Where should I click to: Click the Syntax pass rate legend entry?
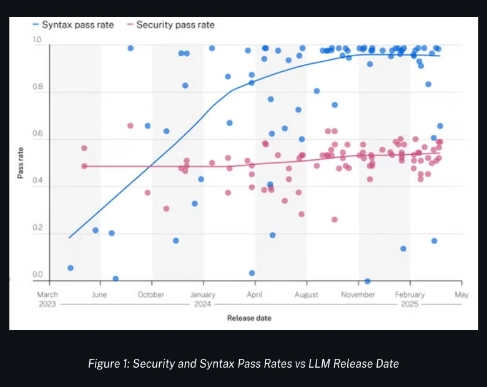pyautogui.click(x=73, y=25)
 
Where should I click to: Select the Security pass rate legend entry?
pyautogui.click(x=171, y=25)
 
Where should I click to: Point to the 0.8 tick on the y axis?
pyautogui.click(x=37, y=86)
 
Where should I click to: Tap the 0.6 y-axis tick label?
pyautogui.click(x=37, y=134)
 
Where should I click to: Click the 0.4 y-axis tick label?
pyautogui.click(x=37, y=180)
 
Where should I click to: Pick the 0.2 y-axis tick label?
pyautogui.click(x=37, y=227)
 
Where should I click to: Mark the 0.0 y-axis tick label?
pyautogui.click(x=37, y=274)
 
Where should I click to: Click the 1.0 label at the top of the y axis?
pyautogui.click(x=37, y=39)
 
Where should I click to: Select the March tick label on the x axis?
pyautogui.click(x=47, y=295)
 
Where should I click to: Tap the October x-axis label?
pyautogui.click(x=151, y=295)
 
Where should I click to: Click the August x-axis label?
pyautogui.click(x=306, y=295)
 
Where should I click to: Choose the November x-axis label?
pyautogui.click(x=358, y=295)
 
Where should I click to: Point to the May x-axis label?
pyautogui.click(x=461, y=295)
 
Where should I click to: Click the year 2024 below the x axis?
pyautogui.click(x=202, y=304)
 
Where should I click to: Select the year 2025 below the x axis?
pyautogui.click(x=410, y=304)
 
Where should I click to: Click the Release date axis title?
pyautogui.click(x=249, y=318)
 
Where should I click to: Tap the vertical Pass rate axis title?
pyautogui.click(x=21, y=163)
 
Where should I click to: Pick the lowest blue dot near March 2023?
pyautogui.click(x=71, y=268)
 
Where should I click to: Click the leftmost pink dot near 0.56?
pyautogui.click(x=84, y=148)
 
